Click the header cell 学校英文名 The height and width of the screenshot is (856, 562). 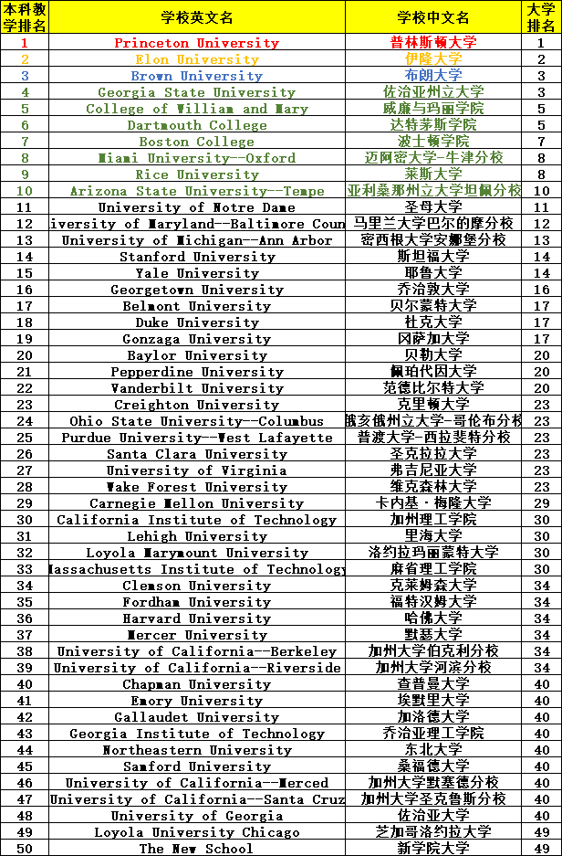[x=196, y=17]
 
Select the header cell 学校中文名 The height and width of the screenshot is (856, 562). [x=433, y=17]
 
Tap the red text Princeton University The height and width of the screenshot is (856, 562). [x=196, y=43]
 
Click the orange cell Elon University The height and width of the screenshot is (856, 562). [x=196, y=59]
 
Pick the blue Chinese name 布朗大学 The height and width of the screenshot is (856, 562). [x=433, y=76]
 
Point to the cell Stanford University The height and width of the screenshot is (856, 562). [x=196, y=257]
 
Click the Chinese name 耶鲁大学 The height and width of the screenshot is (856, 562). [x=433, y=273]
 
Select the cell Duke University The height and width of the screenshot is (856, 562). [x=196, y=322]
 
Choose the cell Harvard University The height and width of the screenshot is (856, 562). [x=196, y=618]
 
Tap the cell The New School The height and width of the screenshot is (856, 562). [x=196, y=849]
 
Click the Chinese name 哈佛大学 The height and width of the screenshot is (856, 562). [x=433, y=618]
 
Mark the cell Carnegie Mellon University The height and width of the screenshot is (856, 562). [x=196, y=503]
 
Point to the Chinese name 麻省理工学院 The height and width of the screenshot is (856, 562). [x=433, y=569]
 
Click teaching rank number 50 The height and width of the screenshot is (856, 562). [x=25, y=849]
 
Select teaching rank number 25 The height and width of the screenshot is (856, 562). [x=25, y=438]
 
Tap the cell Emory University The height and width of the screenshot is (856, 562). [x=196, y=701]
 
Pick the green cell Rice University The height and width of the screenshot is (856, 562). [x=196, y=174]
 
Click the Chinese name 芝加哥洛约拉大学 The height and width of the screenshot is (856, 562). [x=433, y=832]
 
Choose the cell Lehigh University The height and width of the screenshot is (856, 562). [x=196, y=536]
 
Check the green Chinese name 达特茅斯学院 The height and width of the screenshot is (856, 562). [x=433, y=125]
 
